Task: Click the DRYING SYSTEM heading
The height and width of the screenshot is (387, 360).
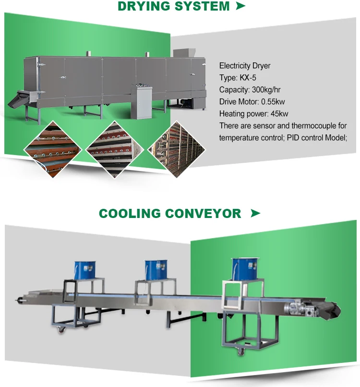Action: [x=173, y=7]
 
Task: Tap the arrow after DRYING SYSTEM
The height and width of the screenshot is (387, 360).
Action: [x=240, y=6]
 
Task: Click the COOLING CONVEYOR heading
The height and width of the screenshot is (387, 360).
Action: [x=170, y=213]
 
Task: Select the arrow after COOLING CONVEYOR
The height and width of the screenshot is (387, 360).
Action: [x=255, y=213]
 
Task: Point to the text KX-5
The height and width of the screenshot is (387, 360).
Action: [x=248, y=77]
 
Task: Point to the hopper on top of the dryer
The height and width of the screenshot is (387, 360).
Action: [x=182, y=52]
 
